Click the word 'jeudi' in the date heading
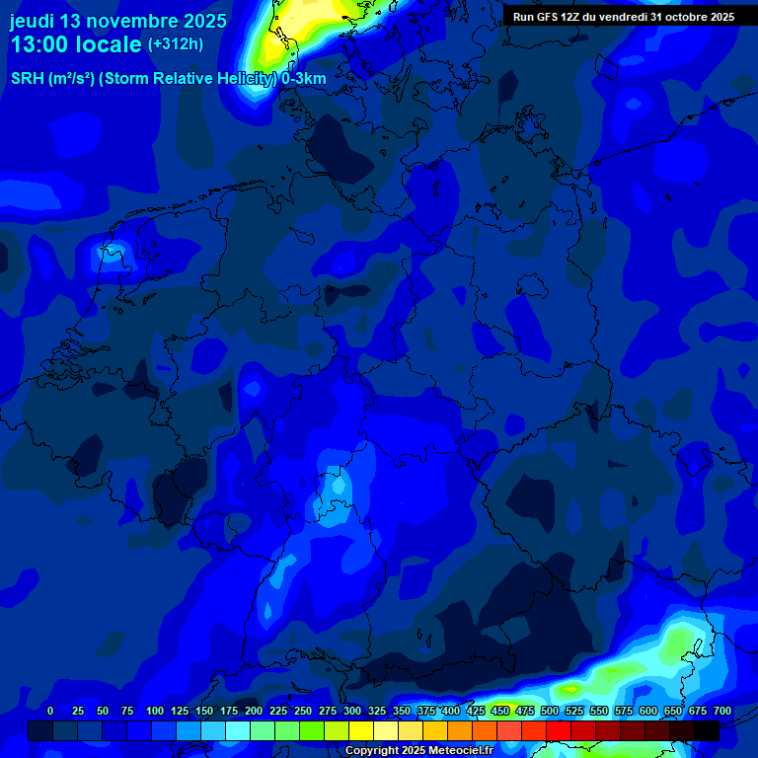coord(33,21)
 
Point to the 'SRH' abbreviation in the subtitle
coord(29,79)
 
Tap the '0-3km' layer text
coord(303,79)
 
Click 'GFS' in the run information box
coord(545,17)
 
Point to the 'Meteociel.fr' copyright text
coord(452,751)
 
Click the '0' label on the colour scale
coord(50,711)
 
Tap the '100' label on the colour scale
coord(155,711)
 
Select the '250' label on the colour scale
coord(303,711)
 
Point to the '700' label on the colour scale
coord(722,711)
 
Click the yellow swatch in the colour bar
coord(361,730)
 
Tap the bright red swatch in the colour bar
coord(559,730)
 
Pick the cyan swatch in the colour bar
coord(238,730)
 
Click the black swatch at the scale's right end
coord(707,730)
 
